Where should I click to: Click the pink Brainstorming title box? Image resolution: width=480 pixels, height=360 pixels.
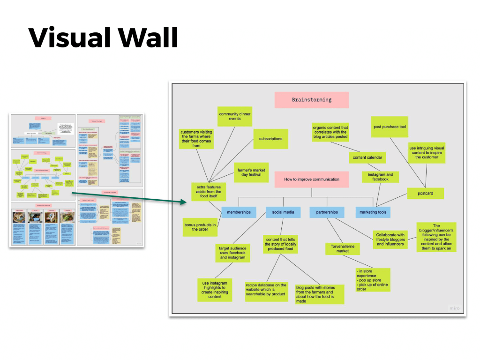tap(311, 100)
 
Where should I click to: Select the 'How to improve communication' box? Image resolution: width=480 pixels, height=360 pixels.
tap(311, 180)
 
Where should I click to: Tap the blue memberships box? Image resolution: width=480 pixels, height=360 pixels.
tap(239, 212)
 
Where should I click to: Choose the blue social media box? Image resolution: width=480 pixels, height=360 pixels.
tap(283, 212)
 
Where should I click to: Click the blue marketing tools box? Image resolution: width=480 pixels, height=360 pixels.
tap(373, 212)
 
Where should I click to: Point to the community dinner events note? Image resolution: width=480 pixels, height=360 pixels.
tap(235, 116)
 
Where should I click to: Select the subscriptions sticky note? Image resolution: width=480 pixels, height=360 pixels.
tap(270, 139)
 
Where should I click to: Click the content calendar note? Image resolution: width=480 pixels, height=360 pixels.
tap(367, 157)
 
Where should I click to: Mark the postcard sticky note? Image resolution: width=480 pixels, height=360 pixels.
tap(425, 193)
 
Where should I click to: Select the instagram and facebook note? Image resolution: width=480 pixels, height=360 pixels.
tap(380, 176)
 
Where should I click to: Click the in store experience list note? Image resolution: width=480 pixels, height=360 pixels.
tap(372, 280)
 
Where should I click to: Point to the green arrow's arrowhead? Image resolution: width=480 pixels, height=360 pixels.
tap(185, 202)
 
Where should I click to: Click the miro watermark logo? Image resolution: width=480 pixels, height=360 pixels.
tap(454, 308)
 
